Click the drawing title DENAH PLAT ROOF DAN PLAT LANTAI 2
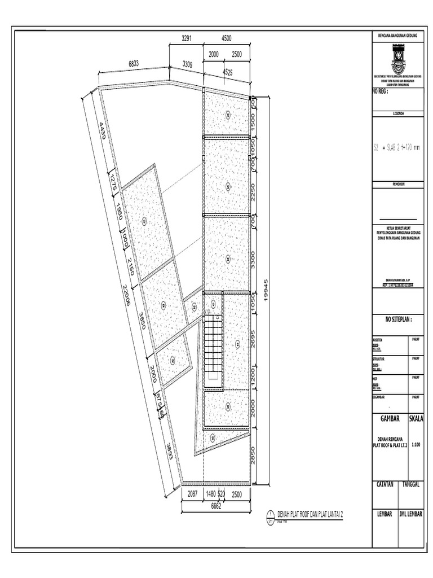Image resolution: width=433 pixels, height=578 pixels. pos(310,515)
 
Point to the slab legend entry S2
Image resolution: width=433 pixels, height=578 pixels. pos(376,148)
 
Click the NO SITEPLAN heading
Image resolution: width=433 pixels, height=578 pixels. pos(399,319)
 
